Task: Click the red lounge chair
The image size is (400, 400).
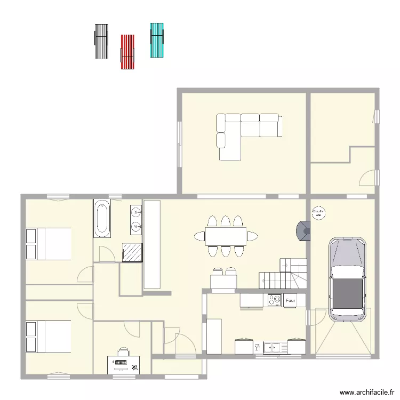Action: click(x=127, y=52)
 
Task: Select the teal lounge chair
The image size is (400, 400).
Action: click(x=157, y=40)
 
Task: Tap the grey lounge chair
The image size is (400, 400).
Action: click(x=101, y=41)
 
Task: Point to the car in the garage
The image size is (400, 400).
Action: click(x=348, y=280)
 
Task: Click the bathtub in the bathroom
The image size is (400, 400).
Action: click(x=101, y=219)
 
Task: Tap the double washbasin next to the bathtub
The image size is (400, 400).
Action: click(x=136, y=220)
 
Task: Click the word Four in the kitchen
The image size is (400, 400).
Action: click(x=290, y=301)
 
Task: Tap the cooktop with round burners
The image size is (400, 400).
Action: click(x=275, y=301)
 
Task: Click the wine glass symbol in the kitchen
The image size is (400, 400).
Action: click(x=258, y=348)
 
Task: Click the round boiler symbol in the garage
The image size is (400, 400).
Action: click(x=318, y=212)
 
